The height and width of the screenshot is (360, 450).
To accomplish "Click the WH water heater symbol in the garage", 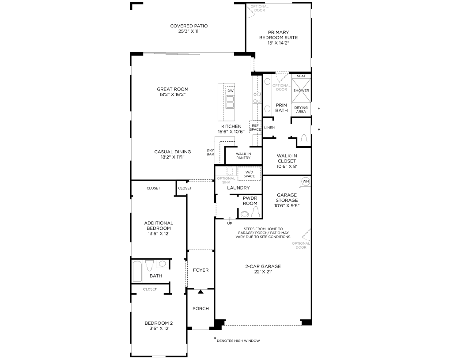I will [x=305, y=181].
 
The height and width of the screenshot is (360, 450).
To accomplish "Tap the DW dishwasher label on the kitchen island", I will [x=230, y=91].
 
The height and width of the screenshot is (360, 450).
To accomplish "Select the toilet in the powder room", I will [x=255, y=212].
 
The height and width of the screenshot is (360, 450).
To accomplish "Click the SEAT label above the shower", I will [x=301, y=76].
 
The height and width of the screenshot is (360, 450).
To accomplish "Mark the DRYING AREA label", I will [x=301, y=110].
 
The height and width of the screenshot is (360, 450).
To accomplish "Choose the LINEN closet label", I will [x=269, y=128].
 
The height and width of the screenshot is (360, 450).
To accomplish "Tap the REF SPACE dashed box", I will [x=256, y=127].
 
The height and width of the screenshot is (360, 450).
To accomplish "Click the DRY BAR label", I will [x=210, y=152].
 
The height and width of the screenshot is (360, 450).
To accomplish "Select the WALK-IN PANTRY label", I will [x=243, y=156].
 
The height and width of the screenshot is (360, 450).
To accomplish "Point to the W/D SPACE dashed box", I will [x=249, y=174].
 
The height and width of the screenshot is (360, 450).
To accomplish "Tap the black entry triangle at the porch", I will [x=200, y=292].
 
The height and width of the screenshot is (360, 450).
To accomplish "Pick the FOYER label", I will [x=200, y=270].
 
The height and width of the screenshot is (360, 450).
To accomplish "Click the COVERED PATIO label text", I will [x=189, y=26].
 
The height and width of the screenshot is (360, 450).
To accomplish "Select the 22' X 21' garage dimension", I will [x=263, y=272].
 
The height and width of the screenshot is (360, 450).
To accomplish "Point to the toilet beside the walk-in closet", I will [x=304, y=140].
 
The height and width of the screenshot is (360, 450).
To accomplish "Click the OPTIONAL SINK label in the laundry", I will [x=226, y=180].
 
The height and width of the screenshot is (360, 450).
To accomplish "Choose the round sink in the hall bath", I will [x=162, y=264].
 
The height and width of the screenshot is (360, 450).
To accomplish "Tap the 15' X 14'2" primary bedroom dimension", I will [x=278, y=43].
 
